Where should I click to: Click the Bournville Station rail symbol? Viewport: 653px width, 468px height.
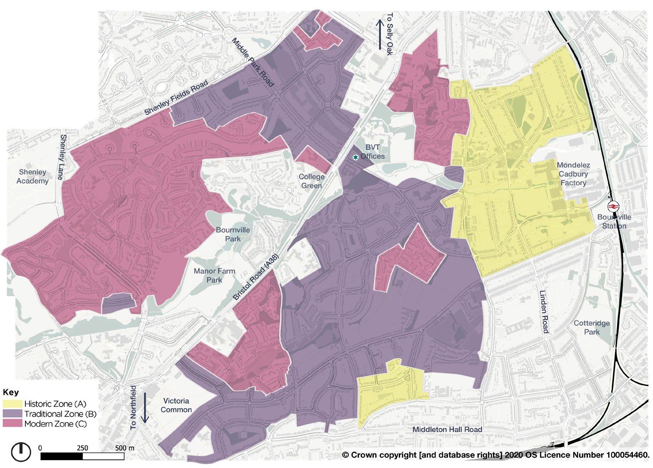pyautogui.click(x=613, y=206)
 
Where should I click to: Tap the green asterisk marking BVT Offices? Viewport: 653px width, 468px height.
pyautogui.click(x=355, y=157)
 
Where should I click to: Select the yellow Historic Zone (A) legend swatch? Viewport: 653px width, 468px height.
pyautogui.click(x=13, y=404)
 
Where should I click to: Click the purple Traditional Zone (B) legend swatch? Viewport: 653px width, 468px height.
pyautogui.click(x=13, y=414)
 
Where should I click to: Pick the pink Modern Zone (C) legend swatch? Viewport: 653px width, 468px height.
pyautogui.click(x=13, y=424)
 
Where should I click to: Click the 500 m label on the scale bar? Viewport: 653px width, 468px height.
pyautogui.click(x=125, y=448)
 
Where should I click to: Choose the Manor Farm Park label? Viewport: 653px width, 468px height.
pyautogui.click(x=214, y=275)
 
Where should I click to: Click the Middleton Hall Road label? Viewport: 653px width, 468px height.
pyautogui.click(x=447, y=430)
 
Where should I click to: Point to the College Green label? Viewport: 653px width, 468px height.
pyautogui.click(x=311, y=181)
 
